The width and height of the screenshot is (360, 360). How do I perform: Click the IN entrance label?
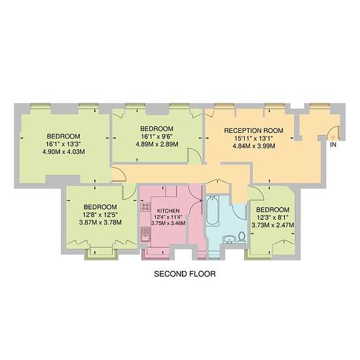point(333,145)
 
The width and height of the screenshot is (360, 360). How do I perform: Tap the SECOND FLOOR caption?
point(185,274)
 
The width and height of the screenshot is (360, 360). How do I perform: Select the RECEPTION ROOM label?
point(254,131)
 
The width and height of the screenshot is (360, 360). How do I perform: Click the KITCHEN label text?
point(168,211)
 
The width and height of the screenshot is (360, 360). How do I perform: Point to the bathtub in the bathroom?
point(212,211)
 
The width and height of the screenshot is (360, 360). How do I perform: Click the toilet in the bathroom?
point(242,238)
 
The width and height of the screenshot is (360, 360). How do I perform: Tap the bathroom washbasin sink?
point(229,239)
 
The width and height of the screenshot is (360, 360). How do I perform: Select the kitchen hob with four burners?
point(145,207)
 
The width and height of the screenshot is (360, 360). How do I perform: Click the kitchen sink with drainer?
point(145,234)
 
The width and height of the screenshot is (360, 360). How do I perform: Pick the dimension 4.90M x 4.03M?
point(63,152)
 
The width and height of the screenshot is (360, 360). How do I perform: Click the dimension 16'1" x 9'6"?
point(157,137)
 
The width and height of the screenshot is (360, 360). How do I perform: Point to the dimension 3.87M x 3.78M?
point(100,223)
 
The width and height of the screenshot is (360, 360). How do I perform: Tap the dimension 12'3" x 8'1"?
point(273,217)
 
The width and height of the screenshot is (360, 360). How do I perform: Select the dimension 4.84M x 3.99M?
point(254,146)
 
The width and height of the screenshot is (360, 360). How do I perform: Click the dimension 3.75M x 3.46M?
point(168,223)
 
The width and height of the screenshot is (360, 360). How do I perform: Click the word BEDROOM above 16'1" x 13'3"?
point(63,136)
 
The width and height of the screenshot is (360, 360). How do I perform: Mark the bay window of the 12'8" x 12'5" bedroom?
point(101,254)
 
